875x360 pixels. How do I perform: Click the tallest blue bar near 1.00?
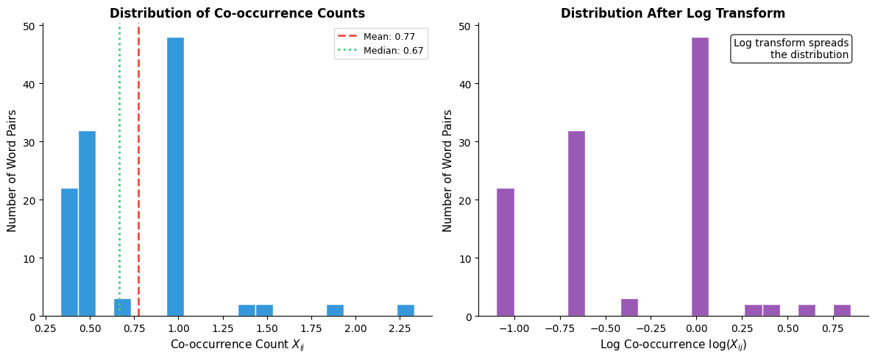[x=175, y=177]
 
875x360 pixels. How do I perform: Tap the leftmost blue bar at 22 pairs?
[x=69, y=253]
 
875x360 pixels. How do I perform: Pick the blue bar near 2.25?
[x=405, y=311]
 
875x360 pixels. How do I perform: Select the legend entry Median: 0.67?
[x=382, y=50]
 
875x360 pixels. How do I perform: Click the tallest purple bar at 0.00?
[x=700, y=177]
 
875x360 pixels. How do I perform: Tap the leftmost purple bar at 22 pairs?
[x=506, y=253]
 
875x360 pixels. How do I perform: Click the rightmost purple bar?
[x=842, y=311]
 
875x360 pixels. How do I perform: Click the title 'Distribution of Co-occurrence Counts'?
[x=237, y=13]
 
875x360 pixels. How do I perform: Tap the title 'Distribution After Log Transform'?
[x=673, y=13]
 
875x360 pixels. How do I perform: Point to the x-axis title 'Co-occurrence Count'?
[x=237, y=345]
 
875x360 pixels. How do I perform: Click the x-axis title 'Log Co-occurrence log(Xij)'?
[x=673, y=345]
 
